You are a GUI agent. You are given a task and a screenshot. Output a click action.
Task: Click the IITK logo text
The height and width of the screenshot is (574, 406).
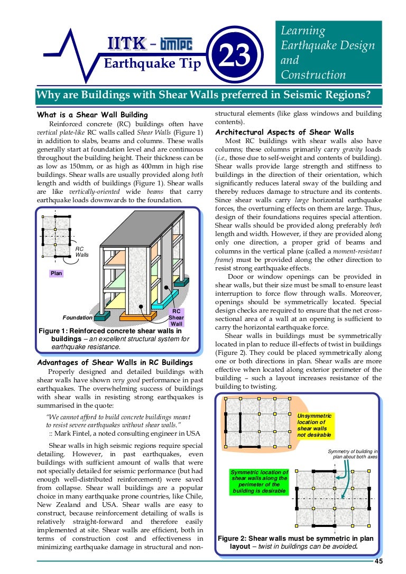(123, 44)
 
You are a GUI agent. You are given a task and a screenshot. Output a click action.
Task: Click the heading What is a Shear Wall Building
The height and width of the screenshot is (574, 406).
(92, 115)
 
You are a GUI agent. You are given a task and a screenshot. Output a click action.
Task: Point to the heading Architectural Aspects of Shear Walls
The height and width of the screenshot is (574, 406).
(285, 132)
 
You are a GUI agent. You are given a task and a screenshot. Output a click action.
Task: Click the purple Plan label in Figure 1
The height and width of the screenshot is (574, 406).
(56, 273)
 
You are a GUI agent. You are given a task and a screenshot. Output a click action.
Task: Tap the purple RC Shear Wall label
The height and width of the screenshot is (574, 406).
(176, 317)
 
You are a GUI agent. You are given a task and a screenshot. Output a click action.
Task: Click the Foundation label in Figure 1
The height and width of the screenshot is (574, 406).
(77, 318)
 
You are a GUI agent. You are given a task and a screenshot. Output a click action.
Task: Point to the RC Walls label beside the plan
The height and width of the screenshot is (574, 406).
(82, 251)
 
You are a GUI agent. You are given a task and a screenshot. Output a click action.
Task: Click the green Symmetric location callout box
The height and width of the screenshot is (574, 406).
(259, 482)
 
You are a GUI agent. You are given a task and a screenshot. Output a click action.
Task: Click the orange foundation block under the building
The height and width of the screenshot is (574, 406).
(138, 315)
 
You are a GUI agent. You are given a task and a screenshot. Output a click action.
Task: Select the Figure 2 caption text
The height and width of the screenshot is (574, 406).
(296, 542)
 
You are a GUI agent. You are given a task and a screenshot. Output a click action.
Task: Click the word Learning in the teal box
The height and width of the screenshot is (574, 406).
(303, 31)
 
